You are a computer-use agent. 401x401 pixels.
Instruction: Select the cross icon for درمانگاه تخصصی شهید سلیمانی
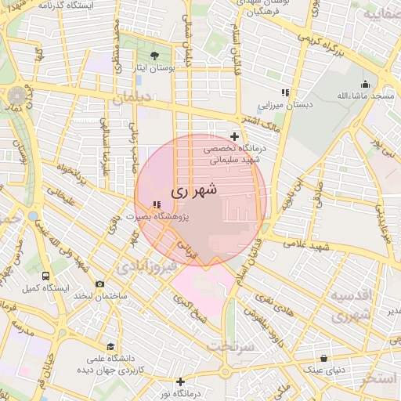[234, 136]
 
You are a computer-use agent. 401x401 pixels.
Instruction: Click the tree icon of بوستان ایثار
[154, 56]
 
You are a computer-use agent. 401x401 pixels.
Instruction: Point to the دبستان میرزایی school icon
[285, 92]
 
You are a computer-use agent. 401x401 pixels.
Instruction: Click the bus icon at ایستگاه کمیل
[46, 276]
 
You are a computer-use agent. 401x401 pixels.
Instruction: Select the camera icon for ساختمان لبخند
[99, 284]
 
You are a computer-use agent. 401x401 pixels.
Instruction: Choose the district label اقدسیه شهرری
[349, 305]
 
